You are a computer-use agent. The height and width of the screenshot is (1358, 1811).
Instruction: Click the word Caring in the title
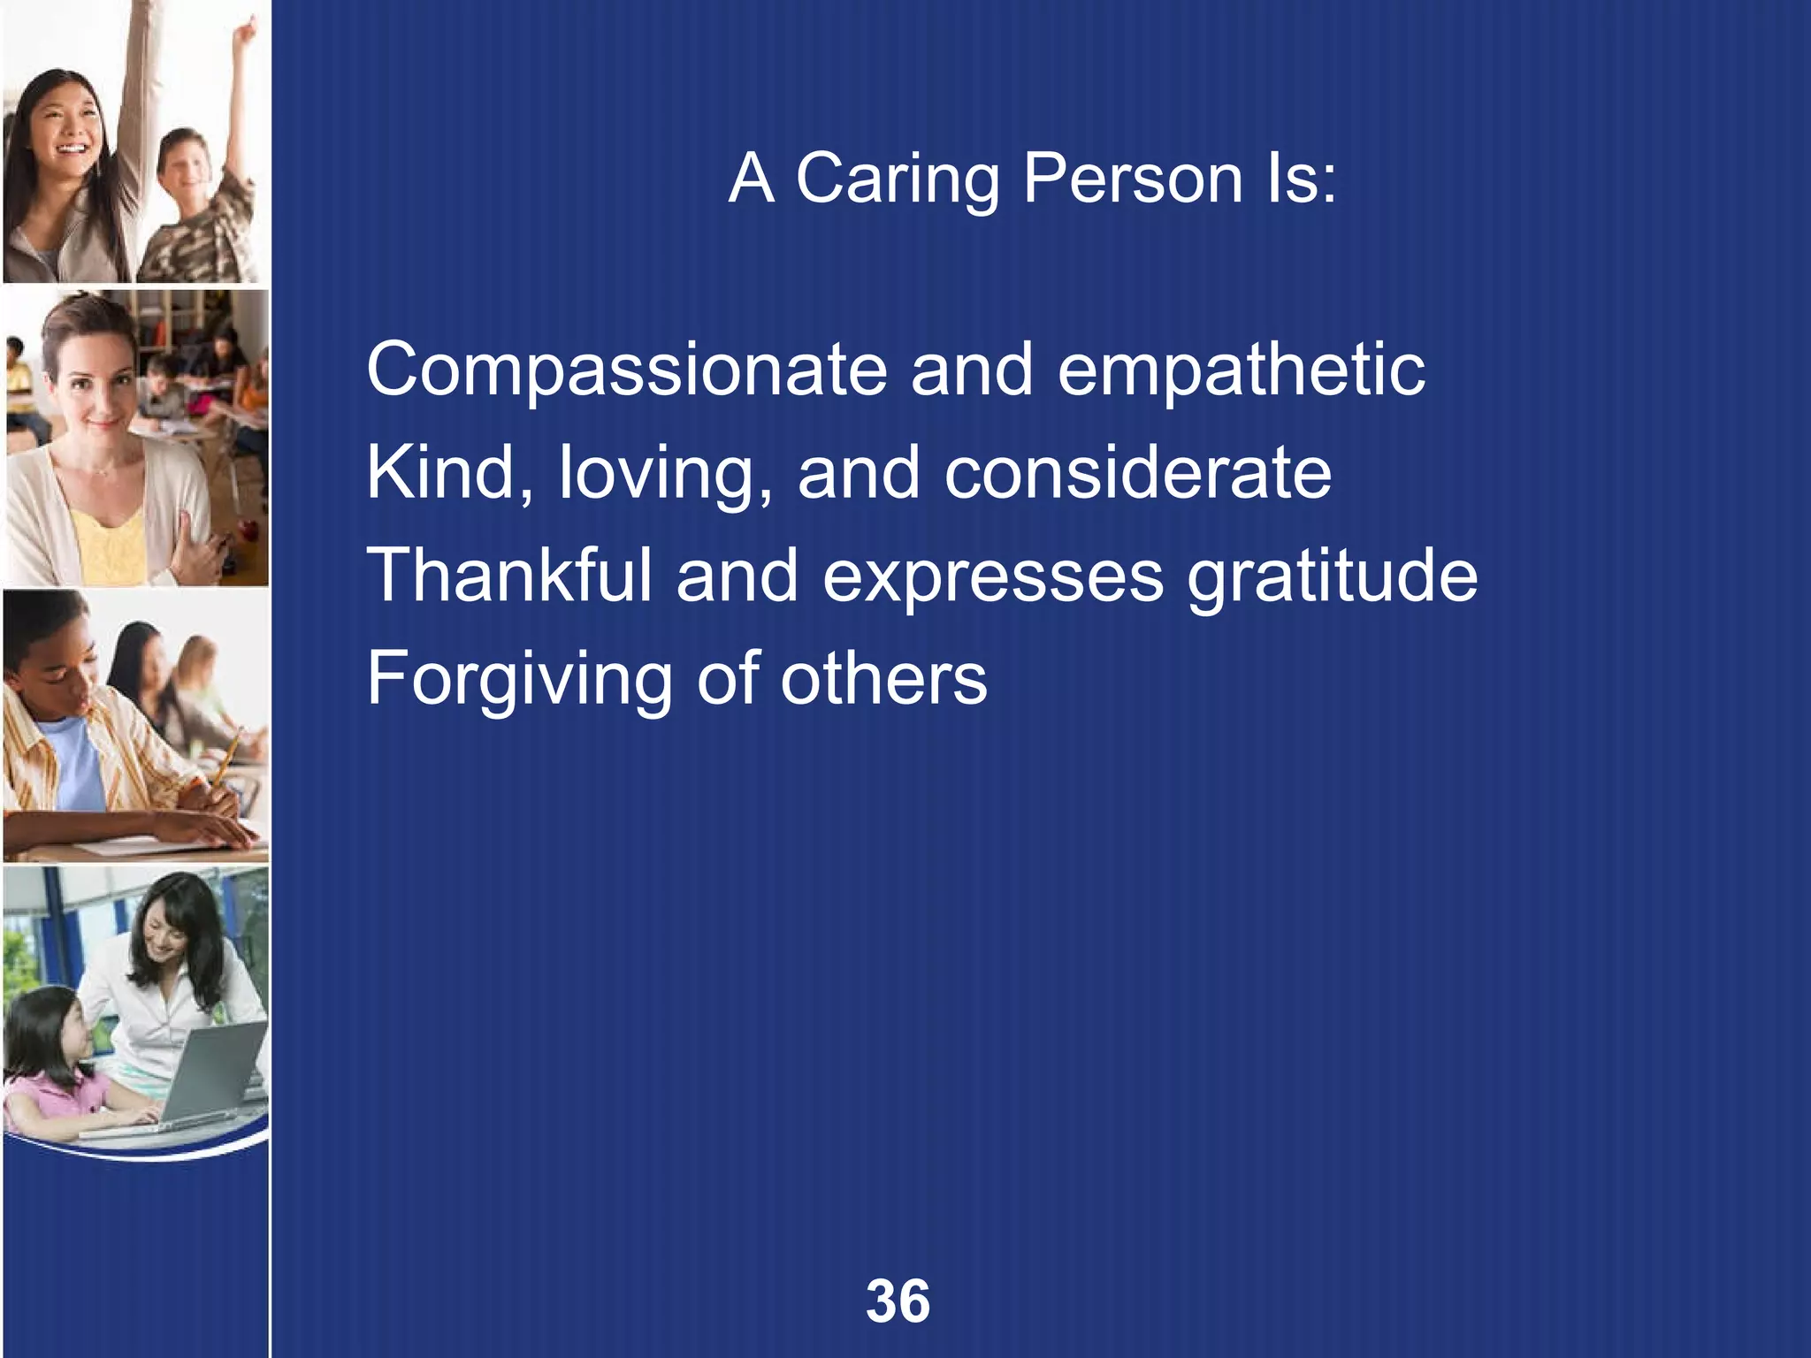click(897, 179)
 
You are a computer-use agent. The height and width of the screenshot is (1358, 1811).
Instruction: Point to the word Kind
click(447, 474)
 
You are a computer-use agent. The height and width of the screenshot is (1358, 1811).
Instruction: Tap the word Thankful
click(508, 576)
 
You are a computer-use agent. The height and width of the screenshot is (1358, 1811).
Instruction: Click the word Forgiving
click(519, 680)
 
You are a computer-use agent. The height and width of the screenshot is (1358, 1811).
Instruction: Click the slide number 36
click(898, 1301)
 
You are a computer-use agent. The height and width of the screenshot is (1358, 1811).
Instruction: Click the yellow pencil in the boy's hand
click(226, 757)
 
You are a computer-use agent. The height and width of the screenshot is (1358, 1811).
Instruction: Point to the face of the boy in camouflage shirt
click(187, 168)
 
